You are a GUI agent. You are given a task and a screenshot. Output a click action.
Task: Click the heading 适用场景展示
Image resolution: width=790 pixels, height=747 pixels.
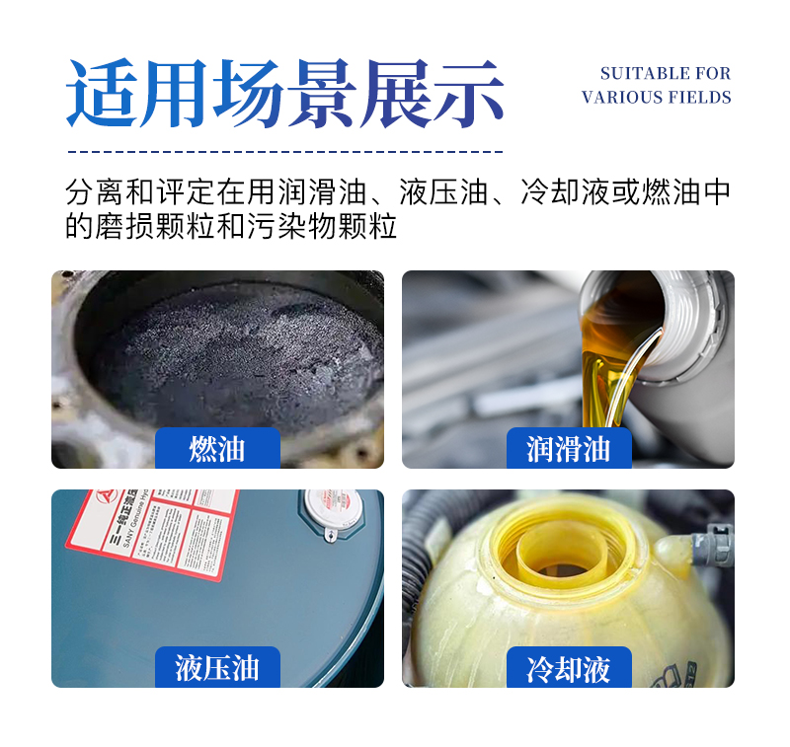click(285, 95)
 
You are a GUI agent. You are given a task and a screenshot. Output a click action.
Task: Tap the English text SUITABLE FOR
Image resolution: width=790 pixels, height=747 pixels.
click(665, 74)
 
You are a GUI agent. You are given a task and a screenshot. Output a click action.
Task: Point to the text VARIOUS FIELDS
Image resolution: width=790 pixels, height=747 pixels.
click(657, 98)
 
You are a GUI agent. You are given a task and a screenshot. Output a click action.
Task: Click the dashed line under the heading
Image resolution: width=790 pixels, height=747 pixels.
click(285, 152)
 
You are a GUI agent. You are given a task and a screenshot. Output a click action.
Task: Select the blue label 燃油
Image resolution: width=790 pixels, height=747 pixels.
click(217, 449)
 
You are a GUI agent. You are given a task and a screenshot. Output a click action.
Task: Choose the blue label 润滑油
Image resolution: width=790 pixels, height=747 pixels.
click(568, 449)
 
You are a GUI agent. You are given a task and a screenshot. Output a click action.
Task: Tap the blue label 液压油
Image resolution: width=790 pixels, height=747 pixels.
click(217, 668)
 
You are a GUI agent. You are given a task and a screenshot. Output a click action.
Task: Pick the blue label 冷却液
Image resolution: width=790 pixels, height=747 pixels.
click(568, 668)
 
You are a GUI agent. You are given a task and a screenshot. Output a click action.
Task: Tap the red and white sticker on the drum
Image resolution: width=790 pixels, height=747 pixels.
click(148, 533)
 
